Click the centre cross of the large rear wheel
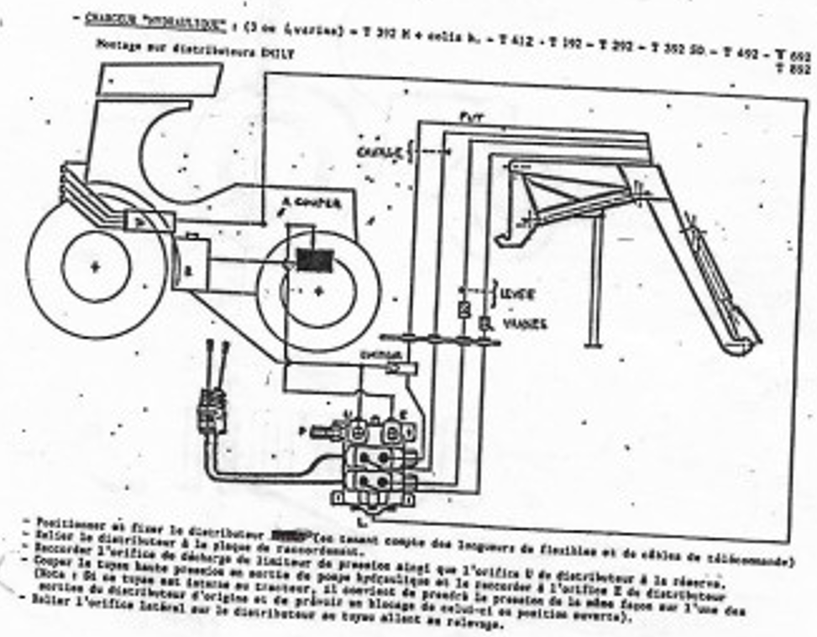point(95,267)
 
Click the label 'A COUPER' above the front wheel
point(312,204)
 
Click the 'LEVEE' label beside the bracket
point(514,297)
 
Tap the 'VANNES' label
point(522,323)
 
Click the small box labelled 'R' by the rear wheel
point(191,270)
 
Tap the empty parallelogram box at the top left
point(159,78)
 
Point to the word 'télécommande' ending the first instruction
point(748,560)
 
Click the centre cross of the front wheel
point(317,291)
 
